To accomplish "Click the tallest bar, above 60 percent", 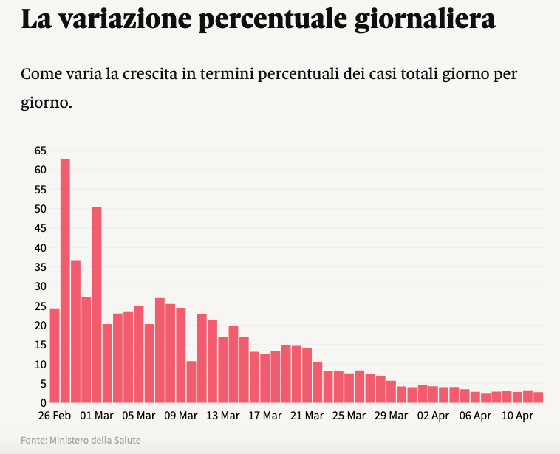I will tap(65, 281).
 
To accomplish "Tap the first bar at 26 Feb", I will tap(55, 355).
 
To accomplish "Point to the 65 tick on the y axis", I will tap(40, 151).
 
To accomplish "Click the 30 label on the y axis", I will tap(40, 286).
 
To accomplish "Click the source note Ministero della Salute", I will tap(95, 441).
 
